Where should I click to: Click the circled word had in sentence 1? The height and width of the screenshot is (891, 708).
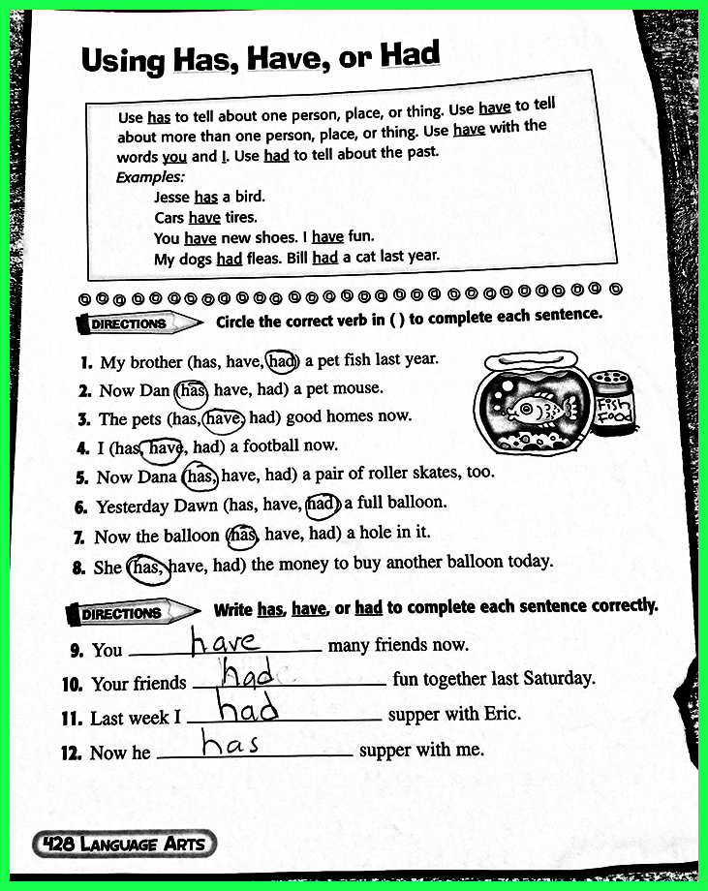click(281, 360)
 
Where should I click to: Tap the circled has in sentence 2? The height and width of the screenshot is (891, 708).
click(192, 389)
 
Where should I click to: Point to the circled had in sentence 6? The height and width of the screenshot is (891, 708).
click(321, 503)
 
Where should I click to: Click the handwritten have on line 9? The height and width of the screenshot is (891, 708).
click(224, 640)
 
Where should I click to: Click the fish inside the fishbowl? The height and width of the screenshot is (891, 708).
click(532, 410)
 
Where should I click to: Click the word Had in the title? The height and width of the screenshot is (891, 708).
click(410, 55)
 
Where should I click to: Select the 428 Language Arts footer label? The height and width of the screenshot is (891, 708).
click(124, 844)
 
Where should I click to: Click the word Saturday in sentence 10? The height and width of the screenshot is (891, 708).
click(558, 679)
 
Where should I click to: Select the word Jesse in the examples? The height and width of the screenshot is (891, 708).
click(171, 197)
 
